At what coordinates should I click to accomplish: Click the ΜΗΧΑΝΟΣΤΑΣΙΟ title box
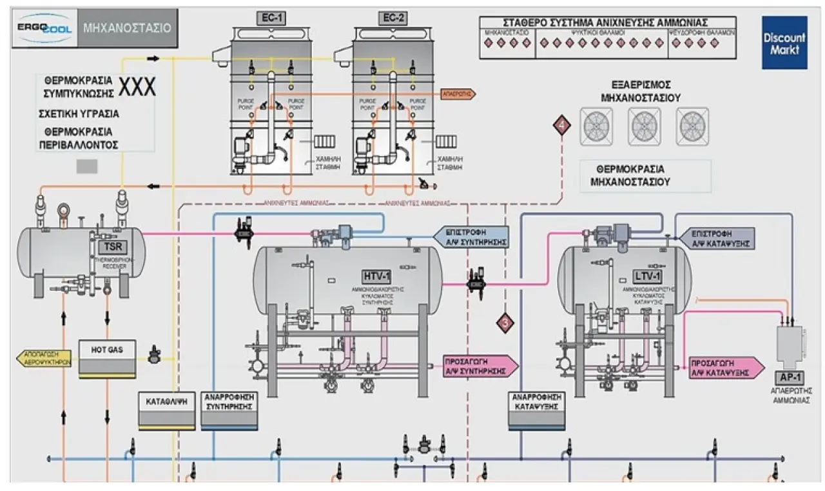pyautogui.click(x=126, y=28)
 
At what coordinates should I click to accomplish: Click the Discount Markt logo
pyautogui.click(x=784, y=43)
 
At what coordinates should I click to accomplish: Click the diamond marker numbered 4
pyautogui.click(x=561, y=126)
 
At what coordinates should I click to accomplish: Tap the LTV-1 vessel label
pyautogui.click(x=647, y=277)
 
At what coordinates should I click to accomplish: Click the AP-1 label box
pyautogui.click(x=788, y=378)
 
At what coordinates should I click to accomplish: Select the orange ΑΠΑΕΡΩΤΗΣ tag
pyautogui.click(x=458, y=94)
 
